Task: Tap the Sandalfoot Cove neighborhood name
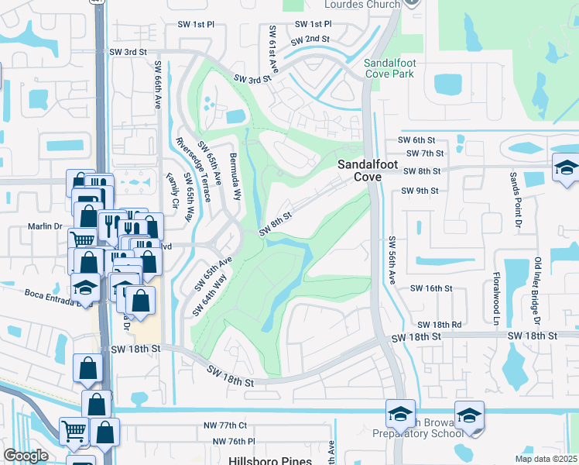pyautogui.click(x=359, y=170)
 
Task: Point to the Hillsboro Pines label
pyautogui.click(x=263, y=460)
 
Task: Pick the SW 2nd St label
pyautogui.click(x=311, y=39)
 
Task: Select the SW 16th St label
pyautogui.click(x=430, y=288)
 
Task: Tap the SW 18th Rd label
pyautogui.click(x=439, y=325)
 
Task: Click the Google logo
pyautogui.click(x=26, y=456)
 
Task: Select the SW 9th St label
pyautogui.click(x=420, y=191)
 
